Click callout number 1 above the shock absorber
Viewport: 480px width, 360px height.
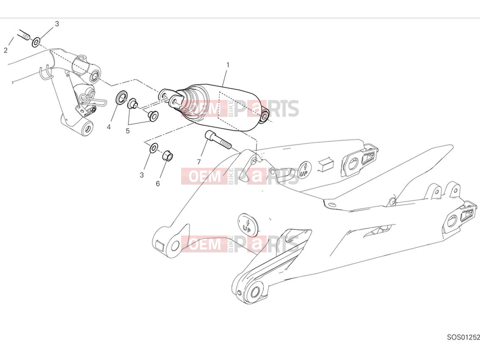[227, 65]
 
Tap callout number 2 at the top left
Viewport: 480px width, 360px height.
[6, 50]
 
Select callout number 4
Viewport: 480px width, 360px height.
[109, 127]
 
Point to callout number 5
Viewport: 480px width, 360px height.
[128, 131]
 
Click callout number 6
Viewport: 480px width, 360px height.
[157, 183]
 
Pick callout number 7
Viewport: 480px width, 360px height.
[199, 162]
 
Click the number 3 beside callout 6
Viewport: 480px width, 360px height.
[141, 175]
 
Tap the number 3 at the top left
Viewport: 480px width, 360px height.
[57, 24]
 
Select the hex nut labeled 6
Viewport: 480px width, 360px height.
[168, 155]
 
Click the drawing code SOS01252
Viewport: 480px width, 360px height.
[463, 337]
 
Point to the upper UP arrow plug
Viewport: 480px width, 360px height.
[304, 169]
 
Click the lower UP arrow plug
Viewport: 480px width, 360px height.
[248, 224]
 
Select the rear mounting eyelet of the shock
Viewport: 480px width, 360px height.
[265, 116]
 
